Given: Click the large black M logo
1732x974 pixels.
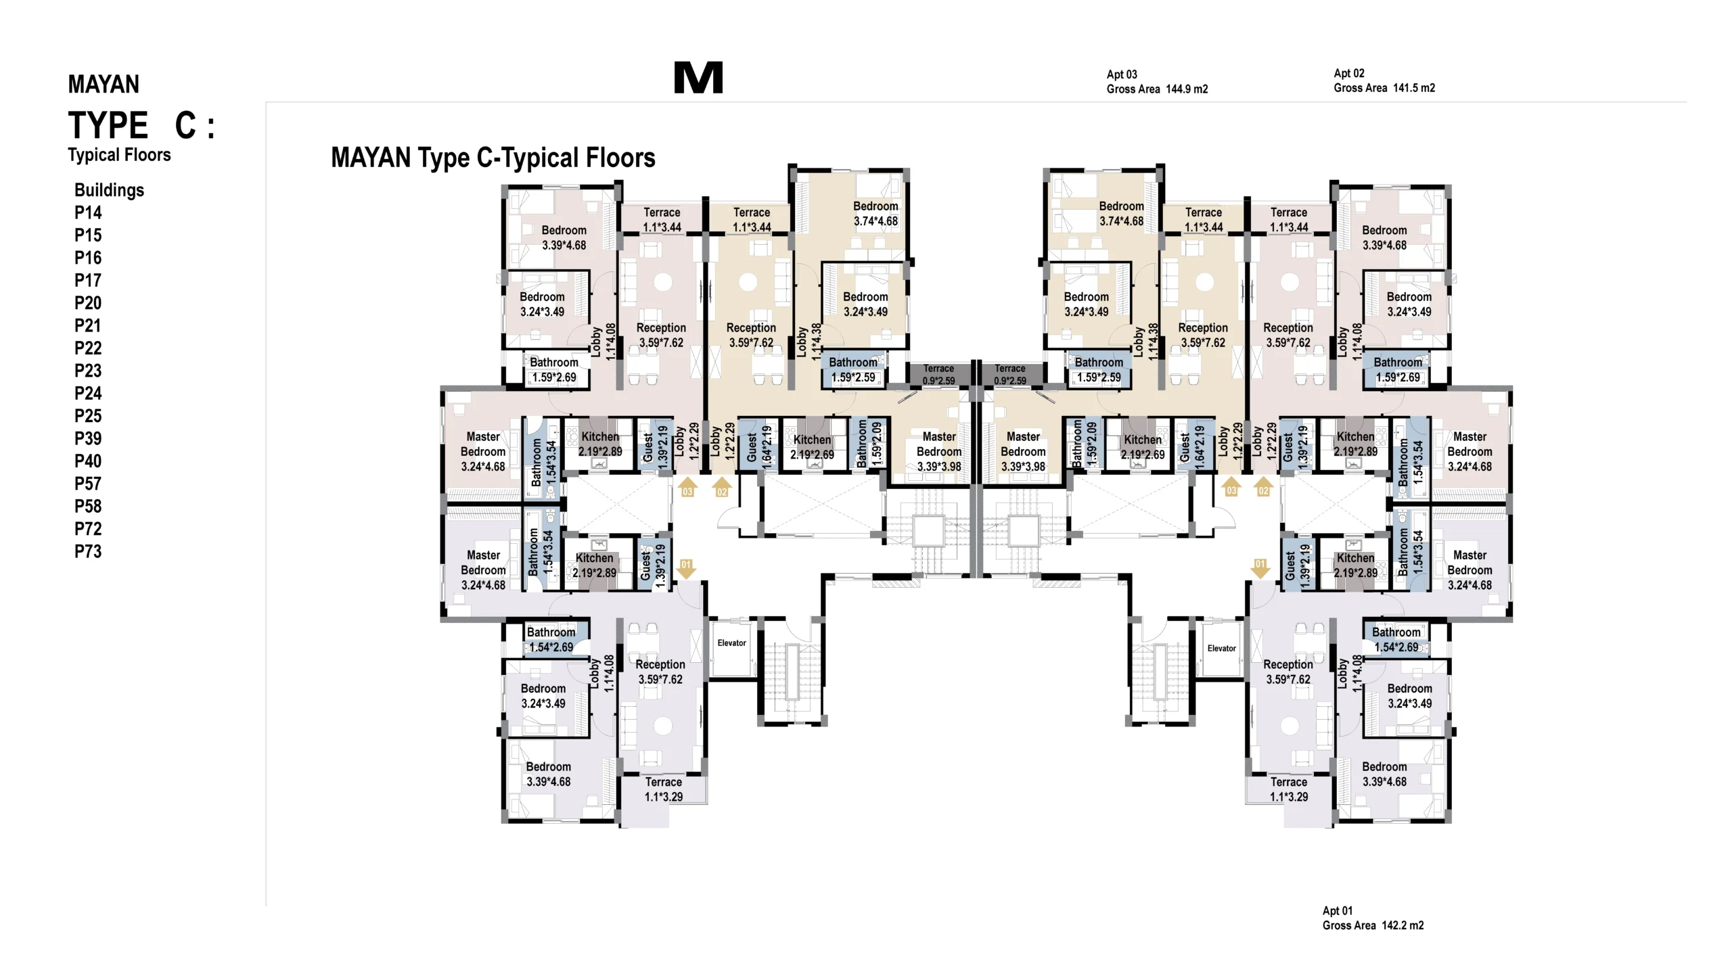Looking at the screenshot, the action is click(698, 77).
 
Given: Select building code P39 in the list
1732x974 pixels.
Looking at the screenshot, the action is click(88, 438).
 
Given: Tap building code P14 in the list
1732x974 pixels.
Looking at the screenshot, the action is click(88, 212).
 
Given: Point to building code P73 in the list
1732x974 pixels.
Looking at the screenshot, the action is click(88, 551).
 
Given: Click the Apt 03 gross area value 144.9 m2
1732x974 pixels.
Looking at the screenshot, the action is click(1187, 89).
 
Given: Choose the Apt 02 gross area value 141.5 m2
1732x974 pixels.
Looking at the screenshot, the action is click(1414, 88).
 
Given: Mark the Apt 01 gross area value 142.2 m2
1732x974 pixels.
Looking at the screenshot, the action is click(1403, 925).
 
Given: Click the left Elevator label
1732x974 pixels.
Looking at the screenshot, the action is click(731, 643).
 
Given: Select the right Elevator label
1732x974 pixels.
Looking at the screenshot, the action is click(1221, 648).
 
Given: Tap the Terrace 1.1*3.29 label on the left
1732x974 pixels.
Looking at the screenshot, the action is click(663, 789).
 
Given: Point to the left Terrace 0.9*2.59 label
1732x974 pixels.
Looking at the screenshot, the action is click(938, 374).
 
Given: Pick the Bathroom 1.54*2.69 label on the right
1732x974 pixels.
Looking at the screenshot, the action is click(1396, 639).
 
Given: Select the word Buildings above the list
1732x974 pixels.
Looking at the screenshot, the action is click(109, 190).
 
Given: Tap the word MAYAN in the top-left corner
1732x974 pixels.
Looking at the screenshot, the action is click(104, 84).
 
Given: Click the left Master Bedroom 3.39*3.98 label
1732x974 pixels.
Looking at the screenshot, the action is click(939, 451).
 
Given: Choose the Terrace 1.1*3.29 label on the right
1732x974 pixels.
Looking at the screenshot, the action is click(1289, 789).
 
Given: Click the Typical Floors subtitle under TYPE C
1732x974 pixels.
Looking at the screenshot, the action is click(119, 155).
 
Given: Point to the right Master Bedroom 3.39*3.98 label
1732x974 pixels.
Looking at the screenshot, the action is click(1023, 451).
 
